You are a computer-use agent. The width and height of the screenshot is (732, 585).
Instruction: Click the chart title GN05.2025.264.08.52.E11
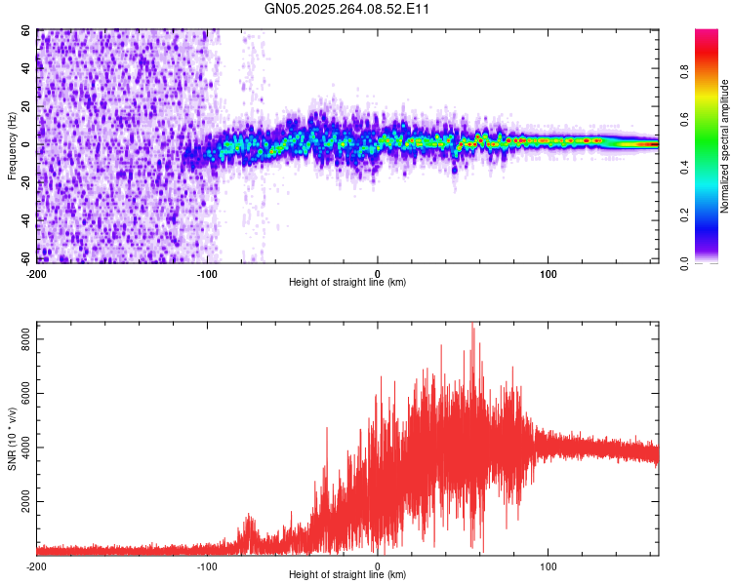348,10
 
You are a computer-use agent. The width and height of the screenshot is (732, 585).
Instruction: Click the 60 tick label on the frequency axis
26,31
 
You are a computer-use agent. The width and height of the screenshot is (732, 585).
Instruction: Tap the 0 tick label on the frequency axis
29,145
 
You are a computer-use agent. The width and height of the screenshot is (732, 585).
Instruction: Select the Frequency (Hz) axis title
12,146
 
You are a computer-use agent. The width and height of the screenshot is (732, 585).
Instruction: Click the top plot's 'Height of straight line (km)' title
347,282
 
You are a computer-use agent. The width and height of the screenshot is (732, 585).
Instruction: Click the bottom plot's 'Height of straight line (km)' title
347,574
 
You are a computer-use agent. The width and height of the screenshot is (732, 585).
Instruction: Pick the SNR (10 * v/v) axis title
12,439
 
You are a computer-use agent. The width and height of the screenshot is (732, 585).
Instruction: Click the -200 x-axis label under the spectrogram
36,273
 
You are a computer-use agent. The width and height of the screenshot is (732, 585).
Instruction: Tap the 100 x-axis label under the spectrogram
549,273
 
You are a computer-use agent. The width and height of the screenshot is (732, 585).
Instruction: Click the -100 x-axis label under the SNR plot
207,565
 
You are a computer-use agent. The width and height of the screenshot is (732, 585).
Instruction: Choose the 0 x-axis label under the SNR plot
378,565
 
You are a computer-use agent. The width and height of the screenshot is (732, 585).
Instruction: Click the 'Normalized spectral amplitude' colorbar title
725,146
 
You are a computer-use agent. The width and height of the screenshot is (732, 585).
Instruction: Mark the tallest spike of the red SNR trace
473,326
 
